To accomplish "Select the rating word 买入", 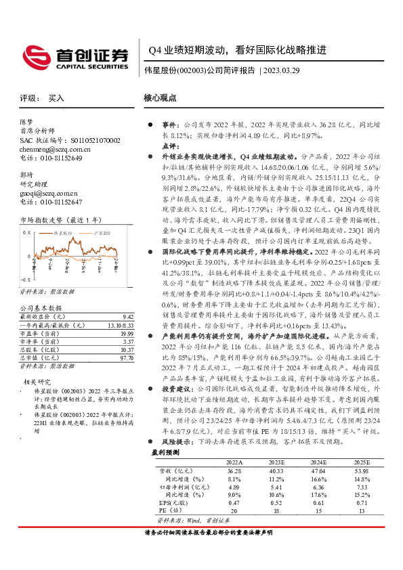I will tap(57, 98).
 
